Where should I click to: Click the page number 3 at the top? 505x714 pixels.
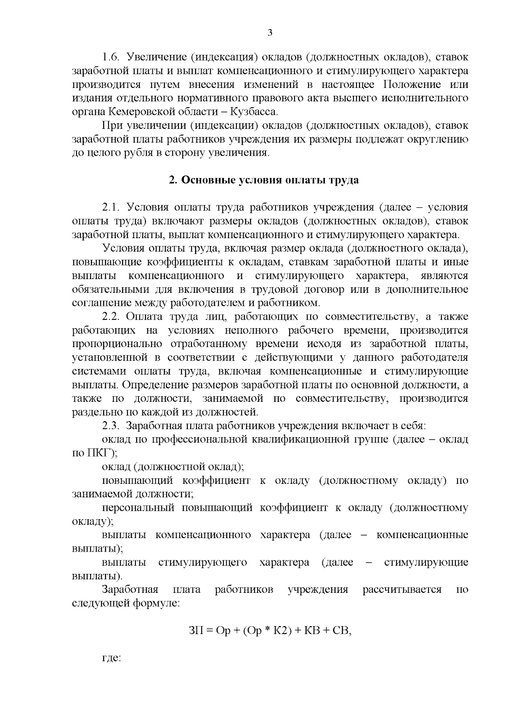click(270, 33)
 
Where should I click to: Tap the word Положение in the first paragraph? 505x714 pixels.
click(412, 85)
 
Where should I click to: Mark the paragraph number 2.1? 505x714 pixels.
click(111, 208)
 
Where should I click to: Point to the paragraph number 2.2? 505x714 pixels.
click(111, 317)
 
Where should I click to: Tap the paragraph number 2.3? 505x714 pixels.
click(111, 426)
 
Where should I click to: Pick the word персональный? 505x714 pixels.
click(138, 508)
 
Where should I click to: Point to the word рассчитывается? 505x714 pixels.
click(402, 589)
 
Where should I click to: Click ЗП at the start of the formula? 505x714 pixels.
click(196, 631)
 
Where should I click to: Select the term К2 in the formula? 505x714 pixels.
click(281, 631)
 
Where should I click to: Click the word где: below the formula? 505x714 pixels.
click(112, 658)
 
